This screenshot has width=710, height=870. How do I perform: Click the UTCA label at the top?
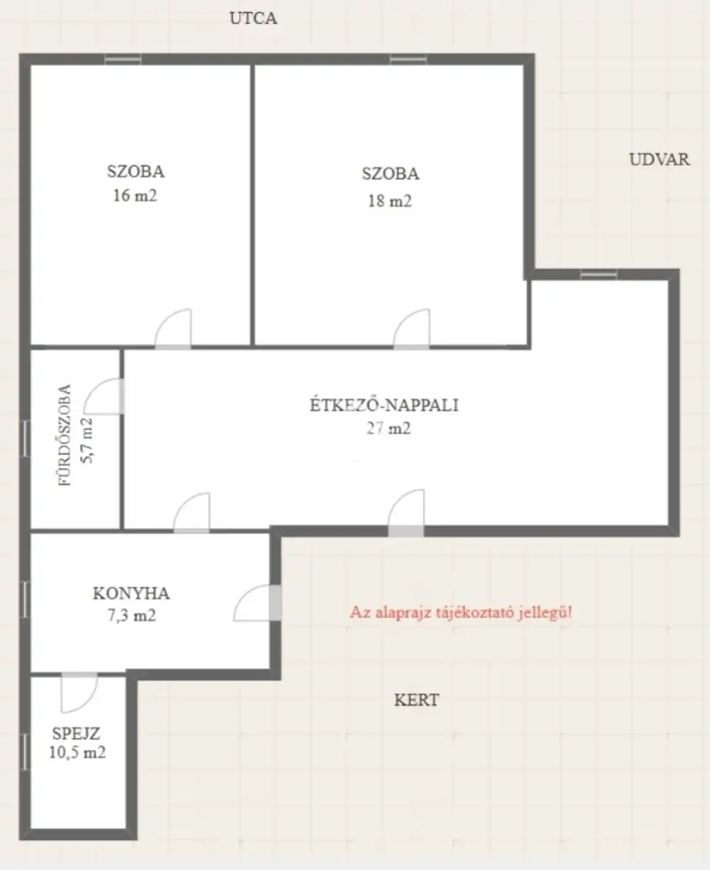(253, 18)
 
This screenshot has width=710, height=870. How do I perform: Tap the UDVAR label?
(659, 160)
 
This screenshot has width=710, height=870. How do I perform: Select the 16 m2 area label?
(135, 195)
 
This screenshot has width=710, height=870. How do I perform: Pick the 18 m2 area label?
(390, 201)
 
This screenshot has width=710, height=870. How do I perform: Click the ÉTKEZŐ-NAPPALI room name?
(384, 405)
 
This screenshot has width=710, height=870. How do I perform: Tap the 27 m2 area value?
(388, 428)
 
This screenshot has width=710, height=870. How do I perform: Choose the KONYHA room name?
(131, 594)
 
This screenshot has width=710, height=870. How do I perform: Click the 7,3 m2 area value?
(131, 616)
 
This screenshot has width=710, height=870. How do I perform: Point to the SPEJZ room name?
(76, 734)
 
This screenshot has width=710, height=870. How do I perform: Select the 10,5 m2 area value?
(77, 752)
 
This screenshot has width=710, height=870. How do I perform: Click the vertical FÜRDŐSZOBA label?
(65, 435)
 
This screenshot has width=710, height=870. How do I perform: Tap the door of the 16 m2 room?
(173, 329)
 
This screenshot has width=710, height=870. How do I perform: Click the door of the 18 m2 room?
(412, 329)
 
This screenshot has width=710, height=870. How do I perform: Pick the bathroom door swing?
(104, 396)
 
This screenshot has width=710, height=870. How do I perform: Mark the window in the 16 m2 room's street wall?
(123, 60)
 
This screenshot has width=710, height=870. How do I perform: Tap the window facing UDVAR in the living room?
(599, 274)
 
